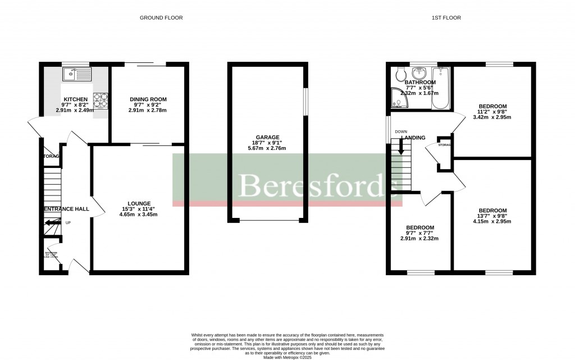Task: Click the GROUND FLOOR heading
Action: [161, 18]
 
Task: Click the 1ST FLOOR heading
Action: [446, 18]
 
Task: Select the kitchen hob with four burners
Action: [101, 101]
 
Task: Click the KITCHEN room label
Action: [75, 99]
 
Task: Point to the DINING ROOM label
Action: [148, 99]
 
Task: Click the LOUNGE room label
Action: [139, 203]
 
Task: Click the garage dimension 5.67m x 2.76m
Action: [267, 148]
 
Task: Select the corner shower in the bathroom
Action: [400, 99]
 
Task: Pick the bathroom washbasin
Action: [419, 74]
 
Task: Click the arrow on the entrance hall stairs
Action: [52, 223]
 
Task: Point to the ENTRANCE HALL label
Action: [66, 209]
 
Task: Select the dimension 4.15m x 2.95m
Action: [492, 221]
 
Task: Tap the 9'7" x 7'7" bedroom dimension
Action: [419, 233]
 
